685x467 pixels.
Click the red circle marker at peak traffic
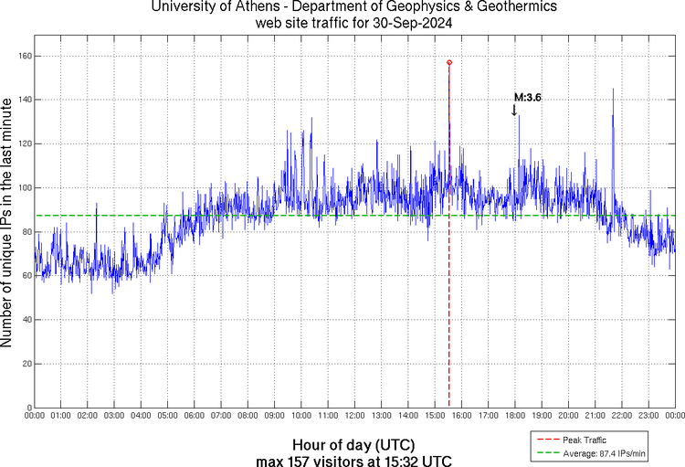pyautogui.click(x=449, y=62)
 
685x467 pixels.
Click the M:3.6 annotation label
pyautogui.click(x=528, y=97)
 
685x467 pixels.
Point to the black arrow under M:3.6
pyautogui.click(x=514, y=110)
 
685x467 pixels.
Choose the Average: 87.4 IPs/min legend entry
pyautogui.click(x=603, y=453)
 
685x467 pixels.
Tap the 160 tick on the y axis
pyautogui.click(x=23, y=56)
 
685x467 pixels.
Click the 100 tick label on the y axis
pyautogui.click(x=23, y=187)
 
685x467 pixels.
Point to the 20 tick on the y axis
pyautogui.click(x=26, y=363)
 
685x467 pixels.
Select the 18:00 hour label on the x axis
pyautogui.click(x=515, y=416)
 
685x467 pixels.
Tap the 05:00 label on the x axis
pyautogui.click(x=168, y=416)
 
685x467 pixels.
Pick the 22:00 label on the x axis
pyautogui.click(x=622, y=416)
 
